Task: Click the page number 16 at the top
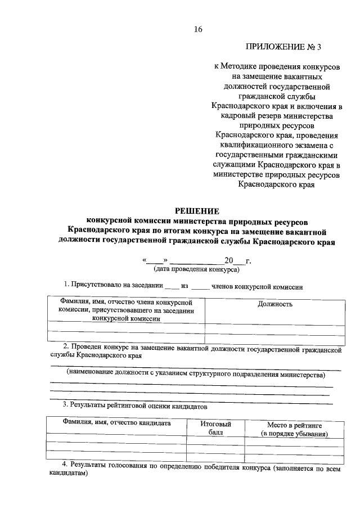click(x=197, y=29)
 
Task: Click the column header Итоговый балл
click(x=215, y=429)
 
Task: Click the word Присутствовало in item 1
click(x=98, y=286)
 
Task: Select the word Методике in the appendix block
click(x=244, y=66)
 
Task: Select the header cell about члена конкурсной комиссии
click(x=127, y=310)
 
